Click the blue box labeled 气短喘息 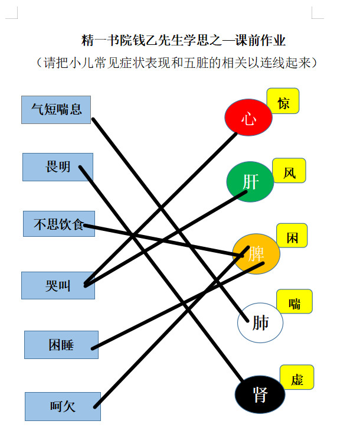56,110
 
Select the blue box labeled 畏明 58,167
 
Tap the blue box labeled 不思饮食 59,224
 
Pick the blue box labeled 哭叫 58,285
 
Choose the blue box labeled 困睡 61,345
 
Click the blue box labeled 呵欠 63,406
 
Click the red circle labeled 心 248,117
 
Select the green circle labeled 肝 250,182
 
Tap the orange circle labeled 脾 256,254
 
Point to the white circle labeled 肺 260,322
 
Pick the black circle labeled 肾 260,394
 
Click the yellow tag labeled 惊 283,101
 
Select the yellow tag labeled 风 289,171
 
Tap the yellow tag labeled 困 292,236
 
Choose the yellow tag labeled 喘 294,302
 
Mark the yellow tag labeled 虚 297,377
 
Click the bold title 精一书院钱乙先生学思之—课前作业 183,40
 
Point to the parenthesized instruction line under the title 176,63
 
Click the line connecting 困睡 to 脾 178,306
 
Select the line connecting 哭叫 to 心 161,208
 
